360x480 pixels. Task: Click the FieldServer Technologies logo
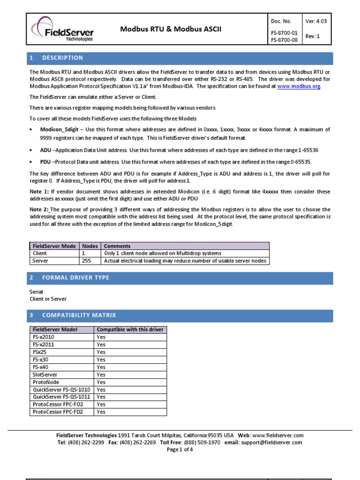(x=62, y=30)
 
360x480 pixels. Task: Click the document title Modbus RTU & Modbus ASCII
(x=171, y=29)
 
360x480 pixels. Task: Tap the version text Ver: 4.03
(x=316, y=21)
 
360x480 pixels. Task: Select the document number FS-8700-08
(x=284, y=40)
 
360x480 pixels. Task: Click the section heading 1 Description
(x=56, y=58)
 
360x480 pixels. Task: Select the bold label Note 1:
(x=39, y=192)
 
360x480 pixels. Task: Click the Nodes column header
(x=90, y=246)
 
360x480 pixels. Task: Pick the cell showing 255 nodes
(x=87, y=261)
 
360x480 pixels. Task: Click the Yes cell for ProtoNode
(x=101, y=382)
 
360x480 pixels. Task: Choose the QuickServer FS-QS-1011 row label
(x=61, y=397)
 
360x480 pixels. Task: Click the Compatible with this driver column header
(x=130, y=330)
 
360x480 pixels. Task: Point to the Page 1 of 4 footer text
(x=180, y=449)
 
